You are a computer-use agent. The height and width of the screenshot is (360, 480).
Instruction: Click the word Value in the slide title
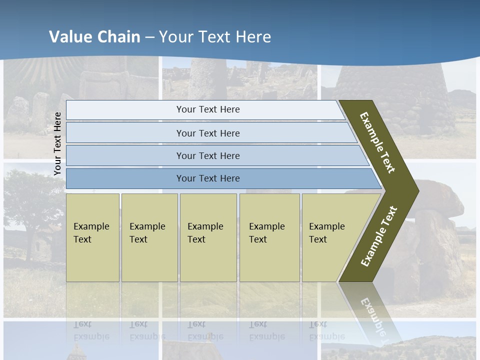point(69,36)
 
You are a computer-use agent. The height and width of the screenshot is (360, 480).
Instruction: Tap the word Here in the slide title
point(253,36)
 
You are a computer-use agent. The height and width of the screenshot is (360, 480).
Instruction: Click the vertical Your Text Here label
point(57,143)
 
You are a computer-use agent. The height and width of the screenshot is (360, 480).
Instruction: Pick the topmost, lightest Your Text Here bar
point(207,109)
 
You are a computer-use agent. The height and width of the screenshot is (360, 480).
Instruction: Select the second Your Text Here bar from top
point(207,133)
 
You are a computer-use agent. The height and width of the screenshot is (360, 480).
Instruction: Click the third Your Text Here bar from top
point(207,155)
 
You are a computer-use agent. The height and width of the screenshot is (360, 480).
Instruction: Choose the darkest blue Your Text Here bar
point(207,178)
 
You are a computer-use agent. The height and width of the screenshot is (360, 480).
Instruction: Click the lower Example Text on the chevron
point(379,236)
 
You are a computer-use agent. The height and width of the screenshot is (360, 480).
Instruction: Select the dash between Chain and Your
point(149,37)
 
